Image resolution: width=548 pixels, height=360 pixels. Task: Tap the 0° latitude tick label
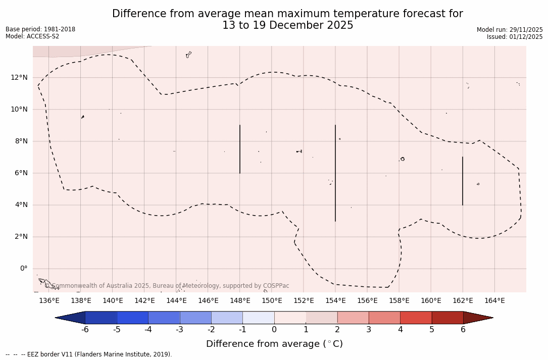(x=23, y=269)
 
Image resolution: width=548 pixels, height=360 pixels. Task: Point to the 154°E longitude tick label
(x=335, y=300)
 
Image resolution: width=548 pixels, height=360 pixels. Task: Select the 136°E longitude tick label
(x=49, y=300)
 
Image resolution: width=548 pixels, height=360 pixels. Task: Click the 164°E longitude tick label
(x=494, y=300)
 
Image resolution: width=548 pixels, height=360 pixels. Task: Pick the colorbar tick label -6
(x=85, y=330)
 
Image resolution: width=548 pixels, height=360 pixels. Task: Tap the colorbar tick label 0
(x=274, y=330)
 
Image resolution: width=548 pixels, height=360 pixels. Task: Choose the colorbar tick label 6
(x=463, y=330)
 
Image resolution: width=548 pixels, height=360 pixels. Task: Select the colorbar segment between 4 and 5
(x=416, y=318)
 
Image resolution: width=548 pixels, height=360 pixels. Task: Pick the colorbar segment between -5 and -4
(x=132, y=318)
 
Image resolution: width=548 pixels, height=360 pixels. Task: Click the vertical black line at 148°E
(x=240, y=149)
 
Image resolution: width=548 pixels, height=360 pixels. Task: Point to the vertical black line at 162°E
(x=463, y=181)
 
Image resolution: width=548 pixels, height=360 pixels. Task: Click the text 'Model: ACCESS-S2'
(x=32, y=36)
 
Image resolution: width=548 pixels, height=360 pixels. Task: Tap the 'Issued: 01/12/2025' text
(x=514, y=37)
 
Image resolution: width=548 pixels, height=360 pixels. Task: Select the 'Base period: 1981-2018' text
(x=40, y=29)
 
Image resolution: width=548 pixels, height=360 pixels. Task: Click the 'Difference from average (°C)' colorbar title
(x=274, y=344)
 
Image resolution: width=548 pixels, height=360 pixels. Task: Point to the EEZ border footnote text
(x=89, y=354)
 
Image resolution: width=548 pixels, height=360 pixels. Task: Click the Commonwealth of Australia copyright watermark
(x=167, y=286)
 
